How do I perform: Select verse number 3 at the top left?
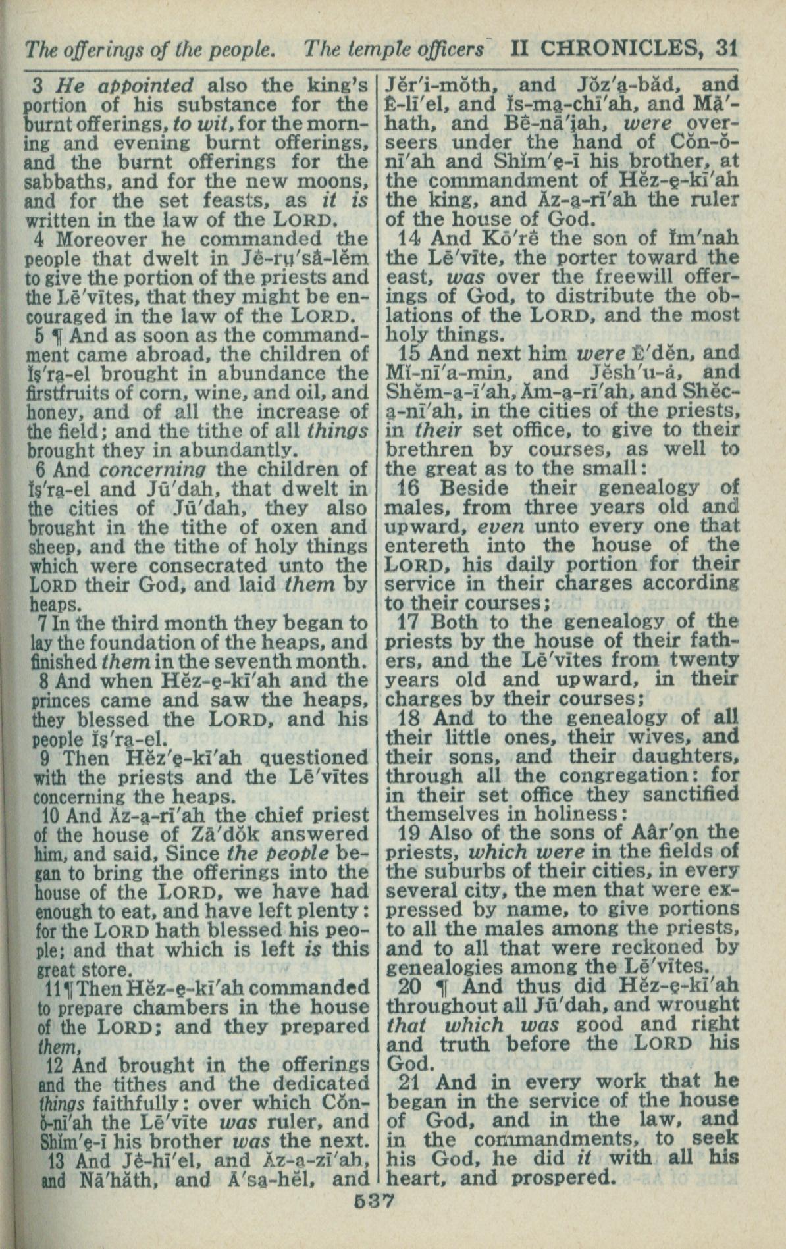tap(37, 86)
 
